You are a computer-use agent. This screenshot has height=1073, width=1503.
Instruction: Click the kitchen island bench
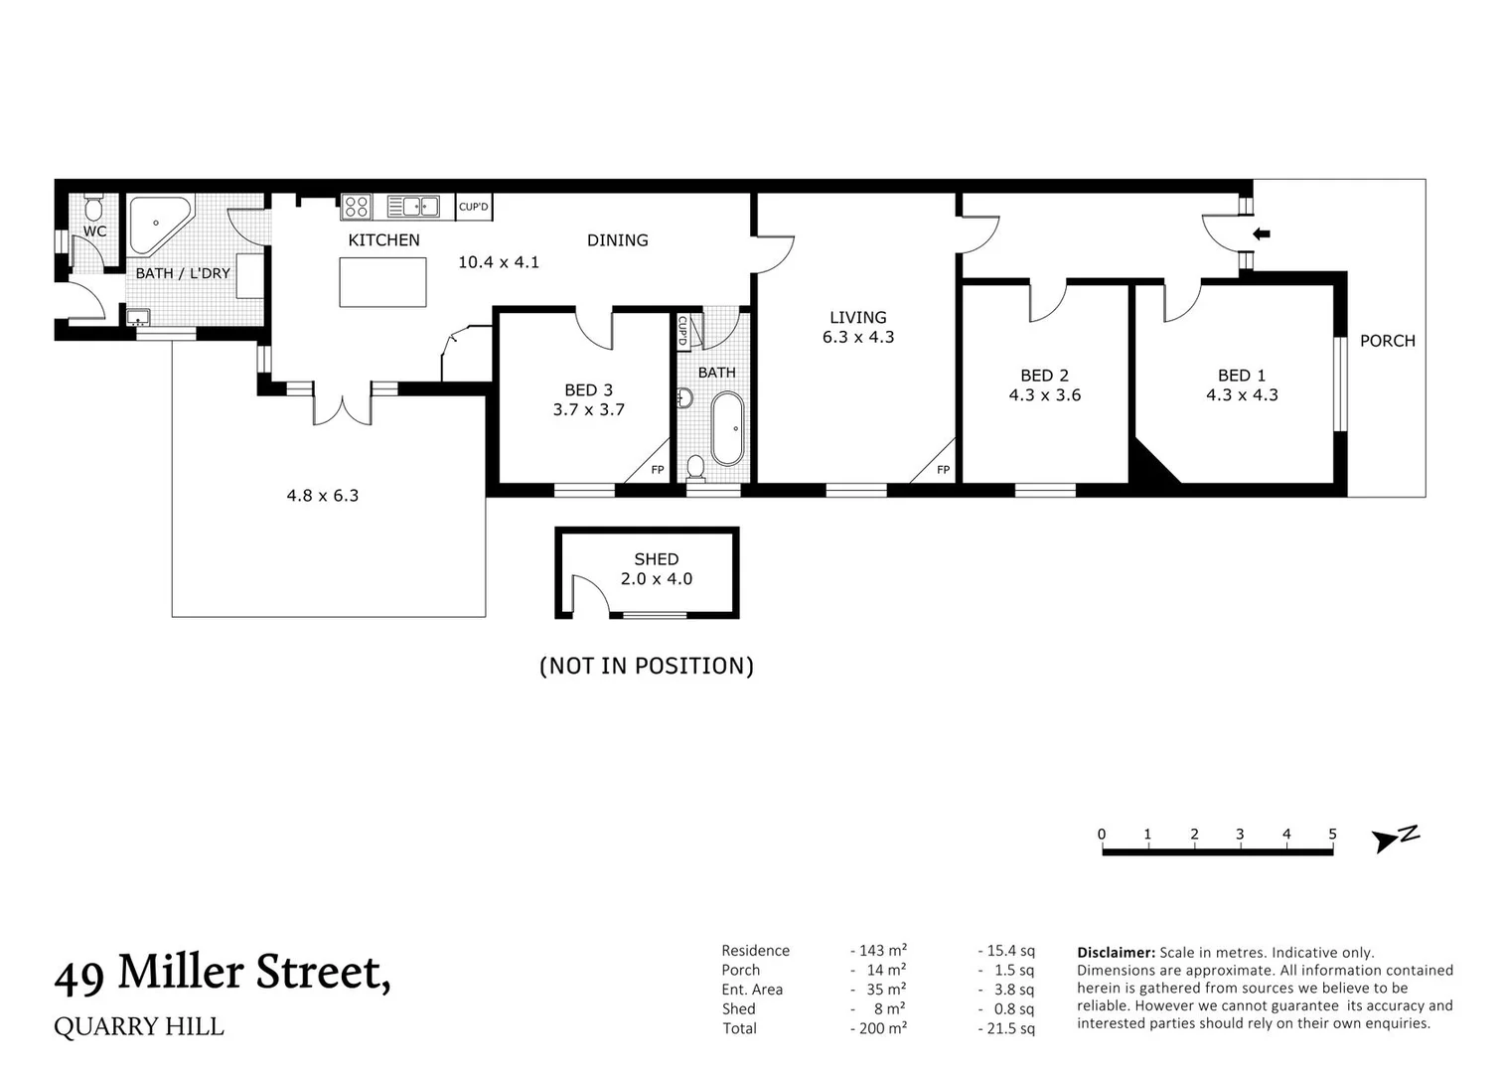click(x=382, y=282)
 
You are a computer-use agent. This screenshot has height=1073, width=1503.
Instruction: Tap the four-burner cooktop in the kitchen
click(x=356, y=207)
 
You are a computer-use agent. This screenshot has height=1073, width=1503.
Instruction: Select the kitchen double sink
click(x=413, y=207)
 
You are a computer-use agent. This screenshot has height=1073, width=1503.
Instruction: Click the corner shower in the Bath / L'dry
click(x=156, y=225)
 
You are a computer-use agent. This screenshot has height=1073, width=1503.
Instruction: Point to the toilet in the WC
click(x=93, y=207)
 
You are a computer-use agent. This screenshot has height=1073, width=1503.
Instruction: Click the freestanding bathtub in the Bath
click(x=727, y=428)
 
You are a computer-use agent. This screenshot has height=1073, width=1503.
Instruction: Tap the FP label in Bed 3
click(x=657, y=470)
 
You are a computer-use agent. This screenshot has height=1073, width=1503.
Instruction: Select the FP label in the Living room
click(x=943, y=470)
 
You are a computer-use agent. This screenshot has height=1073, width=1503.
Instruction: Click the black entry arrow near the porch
click(x=1262, y=234)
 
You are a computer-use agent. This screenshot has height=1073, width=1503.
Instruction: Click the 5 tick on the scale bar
click(x=1332, y=835)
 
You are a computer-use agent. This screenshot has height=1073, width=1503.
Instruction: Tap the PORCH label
click(x=1387, y=341)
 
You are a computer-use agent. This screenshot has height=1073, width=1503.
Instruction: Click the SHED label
click(x=656, y=559)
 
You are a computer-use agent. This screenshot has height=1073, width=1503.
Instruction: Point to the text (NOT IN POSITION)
click(x=647, y=666)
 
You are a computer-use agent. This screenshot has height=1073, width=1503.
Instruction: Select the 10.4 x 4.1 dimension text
click(x=498, y=262)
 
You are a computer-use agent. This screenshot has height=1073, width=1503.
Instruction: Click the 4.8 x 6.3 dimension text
click(x=322, y=495)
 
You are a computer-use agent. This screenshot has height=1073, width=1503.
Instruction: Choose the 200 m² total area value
click(x=880, y=1028)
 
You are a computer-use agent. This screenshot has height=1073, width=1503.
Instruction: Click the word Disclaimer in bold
click(x=1116, y=952)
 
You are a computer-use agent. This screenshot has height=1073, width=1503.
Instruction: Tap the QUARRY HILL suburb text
click(x=139, y=1026)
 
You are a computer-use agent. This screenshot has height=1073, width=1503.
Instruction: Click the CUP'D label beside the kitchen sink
click(x=474, y=207)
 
